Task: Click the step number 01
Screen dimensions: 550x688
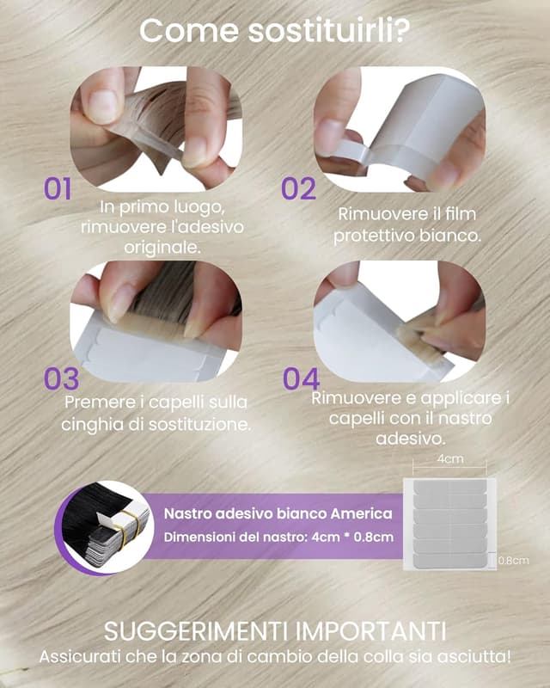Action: click(x=58, y=188)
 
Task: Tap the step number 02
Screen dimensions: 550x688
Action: click(x=298, y=188)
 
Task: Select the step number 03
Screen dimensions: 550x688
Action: click(x=61, y=378)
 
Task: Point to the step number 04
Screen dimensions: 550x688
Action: click(x=302, y=378)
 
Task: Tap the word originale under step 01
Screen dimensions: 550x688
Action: click(x=162, y=248)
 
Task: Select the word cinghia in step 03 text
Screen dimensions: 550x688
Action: click(x=92, y=424)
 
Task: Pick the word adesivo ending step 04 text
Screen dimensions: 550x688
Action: click(x=411, y=439)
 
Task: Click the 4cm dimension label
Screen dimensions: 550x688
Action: click(x=450, y=459)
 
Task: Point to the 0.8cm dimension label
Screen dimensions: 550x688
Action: click(x=514, y=561)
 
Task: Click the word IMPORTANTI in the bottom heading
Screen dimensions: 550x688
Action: click(x=370, y=631)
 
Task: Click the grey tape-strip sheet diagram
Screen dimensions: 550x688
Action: click(x=450, y=525)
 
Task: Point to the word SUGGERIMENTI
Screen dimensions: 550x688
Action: click(x=198, y=631)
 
